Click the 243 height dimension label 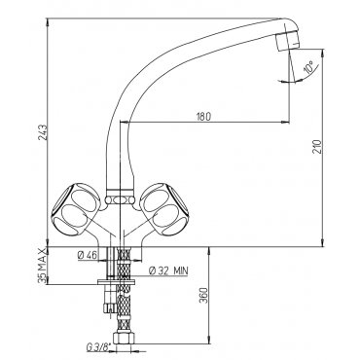(x=44, y=132)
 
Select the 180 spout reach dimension (x=203, y=116)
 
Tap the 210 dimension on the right (x=317, y=147)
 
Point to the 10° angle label (x=308, y=66)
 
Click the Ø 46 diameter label (x=88, y=255)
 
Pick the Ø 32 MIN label (x=168, y=270)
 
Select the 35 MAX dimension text (x=42, y=266)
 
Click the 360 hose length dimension (x=202, y=295)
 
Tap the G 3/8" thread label (x=97, y=348)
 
